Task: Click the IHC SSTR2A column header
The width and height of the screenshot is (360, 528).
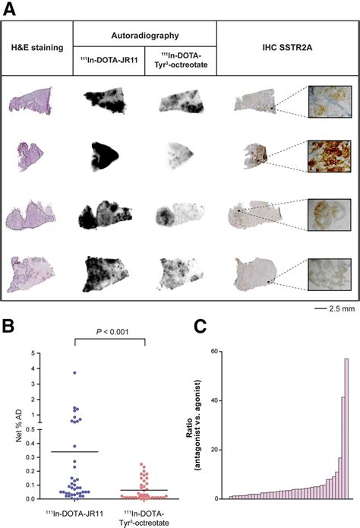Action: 286,48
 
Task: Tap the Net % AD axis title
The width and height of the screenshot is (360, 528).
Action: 16,425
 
